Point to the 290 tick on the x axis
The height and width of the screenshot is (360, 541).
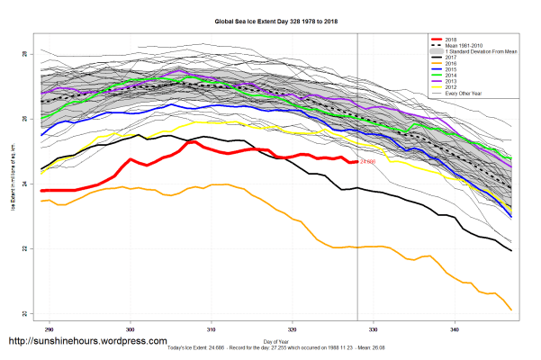pos(50,328)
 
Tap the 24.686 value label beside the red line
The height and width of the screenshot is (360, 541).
pos(367,162)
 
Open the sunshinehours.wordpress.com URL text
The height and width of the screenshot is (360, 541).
pos(87,342)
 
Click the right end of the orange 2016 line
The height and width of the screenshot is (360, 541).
pos(511,310)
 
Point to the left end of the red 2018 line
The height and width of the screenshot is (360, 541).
pos(41,191)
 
